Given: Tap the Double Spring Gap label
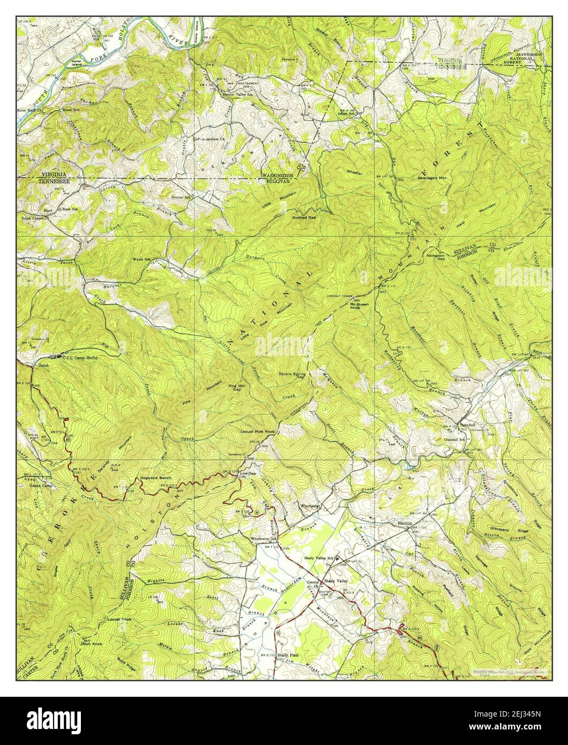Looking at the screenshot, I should [x=293, y=375].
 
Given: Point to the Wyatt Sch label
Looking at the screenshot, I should [x=142, y=259].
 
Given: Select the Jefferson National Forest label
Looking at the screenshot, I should [x=529, y=58].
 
